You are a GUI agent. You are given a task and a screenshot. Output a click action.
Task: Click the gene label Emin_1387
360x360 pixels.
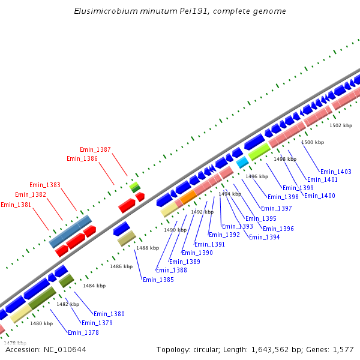[x=95, y=149]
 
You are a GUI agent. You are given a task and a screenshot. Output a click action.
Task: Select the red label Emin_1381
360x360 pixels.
[x=16, y=205]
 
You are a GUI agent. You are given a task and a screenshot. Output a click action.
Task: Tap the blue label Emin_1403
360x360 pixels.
[x=336, y=172]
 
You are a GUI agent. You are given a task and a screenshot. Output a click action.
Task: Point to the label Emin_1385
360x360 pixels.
[x=158, y=280]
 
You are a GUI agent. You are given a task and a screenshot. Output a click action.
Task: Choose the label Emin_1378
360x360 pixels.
[x=83, y=332]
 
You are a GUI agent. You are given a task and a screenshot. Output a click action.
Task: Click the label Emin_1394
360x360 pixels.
[x=264, y=237]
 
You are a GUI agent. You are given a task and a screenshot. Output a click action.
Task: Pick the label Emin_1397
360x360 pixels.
[x=277, y=208]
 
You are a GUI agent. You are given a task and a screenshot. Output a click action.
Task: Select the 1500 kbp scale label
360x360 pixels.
[x=312, y=142]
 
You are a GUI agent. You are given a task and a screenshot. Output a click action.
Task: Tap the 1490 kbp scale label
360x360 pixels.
[x=175, y=230]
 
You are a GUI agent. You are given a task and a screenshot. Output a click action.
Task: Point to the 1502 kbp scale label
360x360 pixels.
[x=341, y=125]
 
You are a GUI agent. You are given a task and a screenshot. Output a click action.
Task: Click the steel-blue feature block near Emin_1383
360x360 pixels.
[x=70, y=231]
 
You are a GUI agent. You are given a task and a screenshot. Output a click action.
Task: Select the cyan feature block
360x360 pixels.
[x=242, y=163]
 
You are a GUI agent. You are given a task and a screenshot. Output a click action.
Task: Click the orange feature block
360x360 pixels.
[x=188, y=197]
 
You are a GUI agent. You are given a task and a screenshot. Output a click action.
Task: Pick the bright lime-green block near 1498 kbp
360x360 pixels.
[x=259, y=152]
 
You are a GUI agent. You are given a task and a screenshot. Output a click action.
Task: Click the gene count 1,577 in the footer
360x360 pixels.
[x=344, y=349]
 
